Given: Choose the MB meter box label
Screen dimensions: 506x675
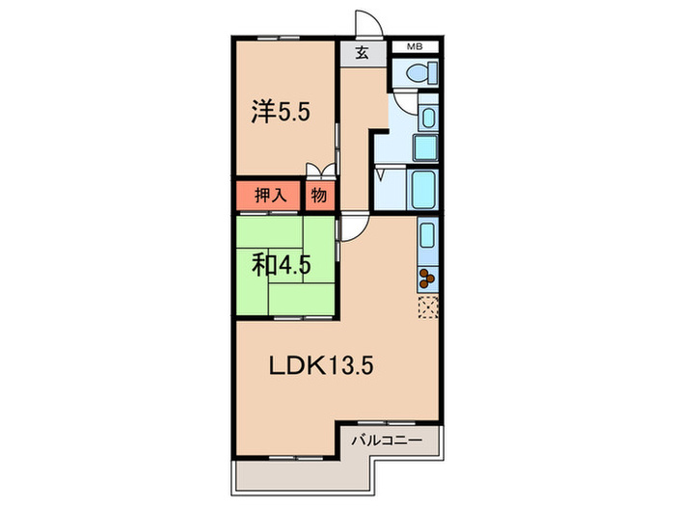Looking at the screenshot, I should tap(414, 45).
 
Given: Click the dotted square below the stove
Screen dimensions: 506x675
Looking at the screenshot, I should tap(427, 309).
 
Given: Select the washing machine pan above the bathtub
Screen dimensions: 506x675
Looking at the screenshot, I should tap(425, 147).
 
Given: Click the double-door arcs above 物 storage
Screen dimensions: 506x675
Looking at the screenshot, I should tap(321, 173).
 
